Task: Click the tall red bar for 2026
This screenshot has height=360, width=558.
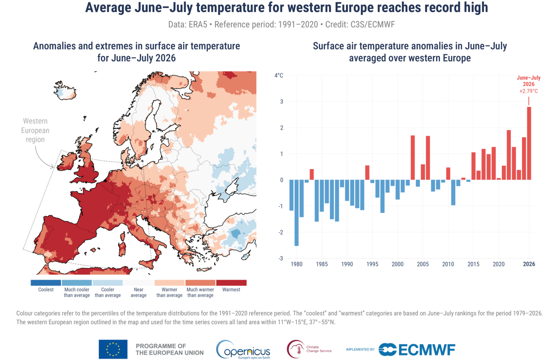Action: (529, 143)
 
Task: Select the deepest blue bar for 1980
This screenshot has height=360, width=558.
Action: (297, 213)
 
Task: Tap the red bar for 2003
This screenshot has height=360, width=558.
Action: (413, 157)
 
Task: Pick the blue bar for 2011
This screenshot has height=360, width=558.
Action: (453, 192)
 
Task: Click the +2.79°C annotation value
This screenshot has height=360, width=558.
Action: (529, 91)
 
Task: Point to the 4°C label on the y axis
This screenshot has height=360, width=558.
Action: (279, 75)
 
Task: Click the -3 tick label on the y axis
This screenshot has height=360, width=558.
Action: (281, 258)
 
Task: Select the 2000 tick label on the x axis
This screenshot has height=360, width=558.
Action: (398, 264)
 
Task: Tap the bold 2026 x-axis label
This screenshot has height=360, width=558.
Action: (529, 264)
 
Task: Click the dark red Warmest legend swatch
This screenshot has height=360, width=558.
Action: (231, 283)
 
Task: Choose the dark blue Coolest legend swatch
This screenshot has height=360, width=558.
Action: (46, 283)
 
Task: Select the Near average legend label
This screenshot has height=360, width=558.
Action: (139, 292)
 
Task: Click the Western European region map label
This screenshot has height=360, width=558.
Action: (35, 130)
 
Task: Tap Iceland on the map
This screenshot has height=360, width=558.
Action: (65, 90)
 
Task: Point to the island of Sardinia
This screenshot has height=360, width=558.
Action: (122, 249)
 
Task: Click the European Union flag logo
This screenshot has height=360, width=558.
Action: (113, 349)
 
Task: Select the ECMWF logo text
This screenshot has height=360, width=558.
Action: (427, 350)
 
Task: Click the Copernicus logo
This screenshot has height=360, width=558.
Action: (243, 349)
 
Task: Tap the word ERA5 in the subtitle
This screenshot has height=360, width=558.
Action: (198, 25)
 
